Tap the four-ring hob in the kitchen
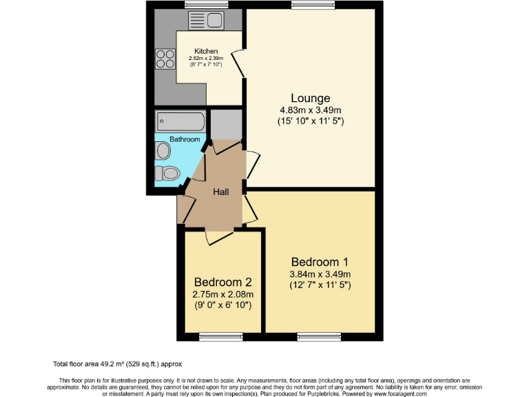(165, 59)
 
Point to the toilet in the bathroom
(167, 172)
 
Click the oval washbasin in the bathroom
(163, 150)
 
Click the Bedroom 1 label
(320, 262)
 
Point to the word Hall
(220, 192)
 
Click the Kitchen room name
(206, 51)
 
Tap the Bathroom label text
(185, 139)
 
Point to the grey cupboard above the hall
(225, 124)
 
